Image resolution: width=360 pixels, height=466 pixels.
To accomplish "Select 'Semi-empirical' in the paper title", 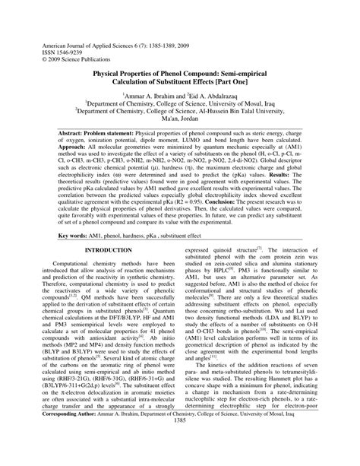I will click(x=268, y=76).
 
